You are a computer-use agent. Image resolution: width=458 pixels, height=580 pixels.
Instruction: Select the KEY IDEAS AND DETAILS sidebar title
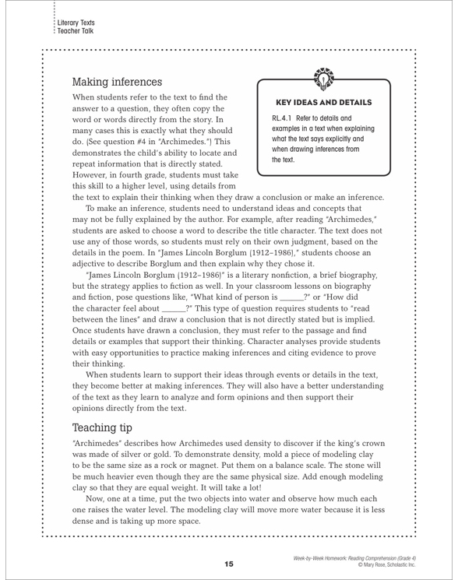338,102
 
